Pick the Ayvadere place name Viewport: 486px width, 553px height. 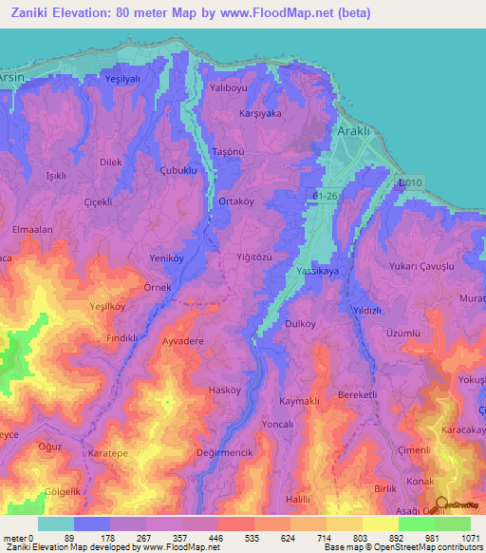[x=183, y=339]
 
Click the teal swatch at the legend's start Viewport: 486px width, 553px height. [x=56, y=524]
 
